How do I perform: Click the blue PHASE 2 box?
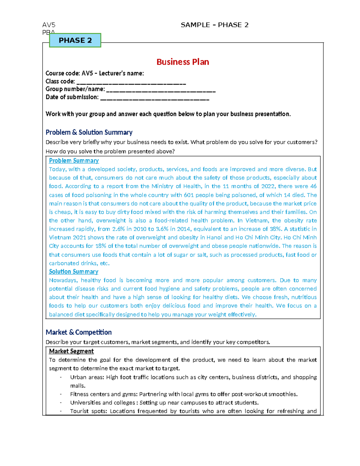tap(75, 41)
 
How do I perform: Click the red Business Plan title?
tap(183, 62)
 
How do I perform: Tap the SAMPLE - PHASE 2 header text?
tap(214, 25)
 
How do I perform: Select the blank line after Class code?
tap(131, 82)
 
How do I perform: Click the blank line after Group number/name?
tap(161, 90)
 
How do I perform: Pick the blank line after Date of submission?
tap(154, 98)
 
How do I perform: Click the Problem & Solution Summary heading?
tap(89, 132)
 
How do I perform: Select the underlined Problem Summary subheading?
tap(74, 161)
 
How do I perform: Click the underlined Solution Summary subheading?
tap(73, 272)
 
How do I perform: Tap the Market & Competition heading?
tap(79, 332)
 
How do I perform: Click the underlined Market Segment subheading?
tap(71, 351)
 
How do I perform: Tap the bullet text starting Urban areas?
tap(193, 377)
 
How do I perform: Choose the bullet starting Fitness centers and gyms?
tap(184, 394)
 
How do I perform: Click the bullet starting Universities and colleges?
tap(164, 403)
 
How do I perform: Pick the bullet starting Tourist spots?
tap(193, 411)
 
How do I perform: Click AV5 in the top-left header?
tap(49, 25)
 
